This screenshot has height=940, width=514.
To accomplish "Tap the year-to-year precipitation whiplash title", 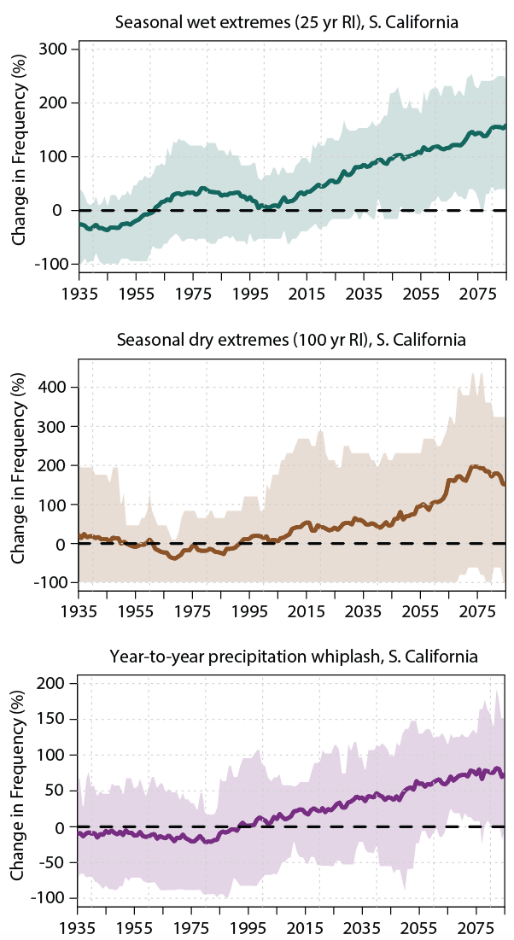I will (293, 657).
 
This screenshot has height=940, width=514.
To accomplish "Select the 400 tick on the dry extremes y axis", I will (56, 387).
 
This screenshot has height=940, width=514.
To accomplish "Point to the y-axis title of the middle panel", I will (19, 475).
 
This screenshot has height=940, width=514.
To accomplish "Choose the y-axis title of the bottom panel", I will (19, 791).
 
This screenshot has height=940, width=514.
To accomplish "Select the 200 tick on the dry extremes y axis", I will (56, 465).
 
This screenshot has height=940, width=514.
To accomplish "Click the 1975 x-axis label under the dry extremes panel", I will (195, 611).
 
